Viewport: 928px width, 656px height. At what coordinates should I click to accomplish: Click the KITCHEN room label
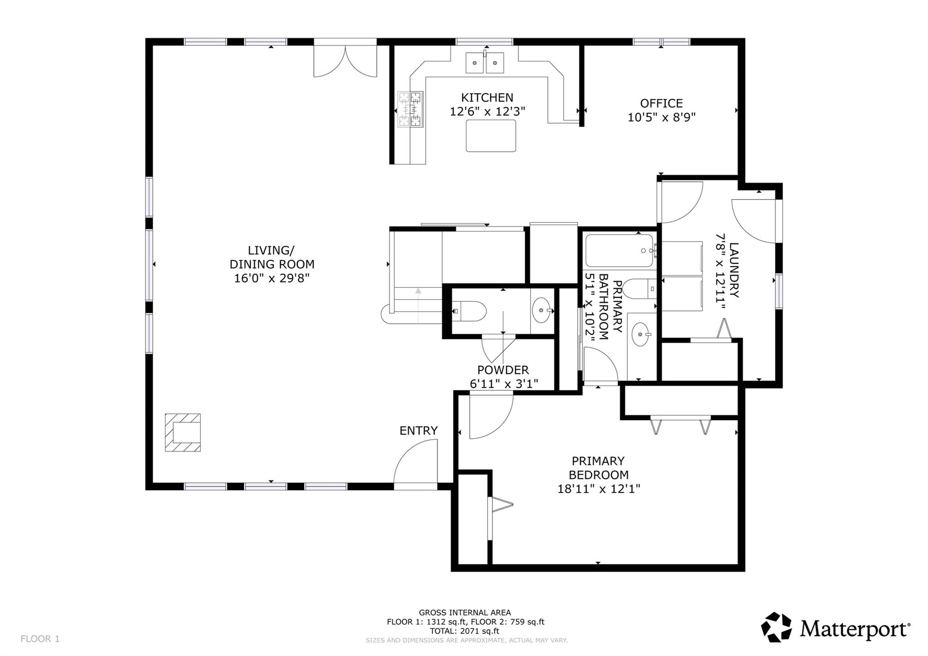[487, 97]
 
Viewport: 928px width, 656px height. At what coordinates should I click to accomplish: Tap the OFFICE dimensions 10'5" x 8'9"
[661, 117]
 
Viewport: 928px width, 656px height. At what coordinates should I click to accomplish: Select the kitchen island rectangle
[491, 136]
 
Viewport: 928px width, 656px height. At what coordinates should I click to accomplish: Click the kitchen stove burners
[410, 109]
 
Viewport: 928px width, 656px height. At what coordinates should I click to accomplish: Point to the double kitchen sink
[485, 62]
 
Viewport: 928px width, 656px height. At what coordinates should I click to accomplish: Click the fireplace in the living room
[183, 432]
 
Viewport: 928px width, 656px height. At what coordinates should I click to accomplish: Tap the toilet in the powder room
[469, 311]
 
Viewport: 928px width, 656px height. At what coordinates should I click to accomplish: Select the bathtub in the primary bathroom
[619, 250]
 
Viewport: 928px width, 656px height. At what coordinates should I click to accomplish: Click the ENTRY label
[418, 431]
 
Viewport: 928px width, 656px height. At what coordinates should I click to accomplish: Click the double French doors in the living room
[345, 60]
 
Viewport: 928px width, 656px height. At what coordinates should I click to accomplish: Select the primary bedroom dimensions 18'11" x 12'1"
[598, 489]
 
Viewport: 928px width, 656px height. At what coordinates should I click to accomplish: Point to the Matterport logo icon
[776, 627]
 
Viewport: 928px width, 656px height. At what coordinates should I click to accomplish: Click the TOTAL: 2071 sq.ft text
[464, 631]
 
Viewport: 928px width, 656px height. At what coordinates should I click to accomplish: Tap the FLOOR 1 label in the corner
[40, 639]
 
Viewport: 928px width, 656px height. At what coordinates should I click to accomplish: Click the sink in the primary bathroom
[640, 334]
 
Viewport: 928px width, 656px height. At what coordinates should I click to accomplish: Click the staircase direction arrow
[418, 292]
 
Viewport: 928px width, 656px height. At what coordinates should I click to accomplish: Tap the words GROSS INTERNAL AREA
[464, 612]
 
